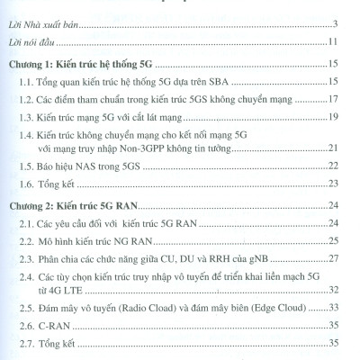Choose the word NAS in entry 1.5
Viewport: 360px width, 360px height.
click(x=113, y=191)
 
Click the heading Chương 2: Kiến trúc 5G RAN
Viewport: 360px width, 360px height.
click(x=93, y=230)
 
